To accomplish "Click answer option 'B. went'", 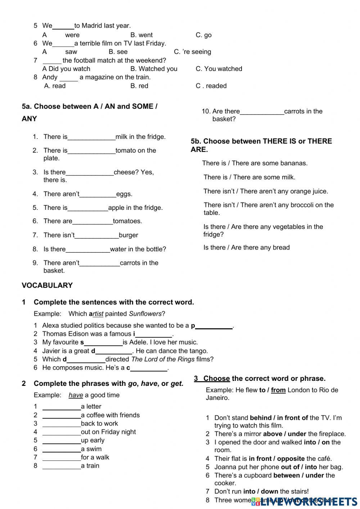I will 141,35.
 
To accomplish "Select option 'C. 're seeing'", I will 192,52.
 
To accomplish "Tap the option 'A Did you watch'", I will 66,69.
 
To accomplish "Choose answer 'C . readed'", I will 211,86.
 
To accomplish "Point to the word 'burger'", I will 128,235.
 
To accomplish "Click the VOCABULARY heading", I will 47,285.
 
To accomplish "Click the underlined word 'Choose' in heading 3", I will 216,379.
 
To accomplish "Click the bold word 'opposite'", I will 291,459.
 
